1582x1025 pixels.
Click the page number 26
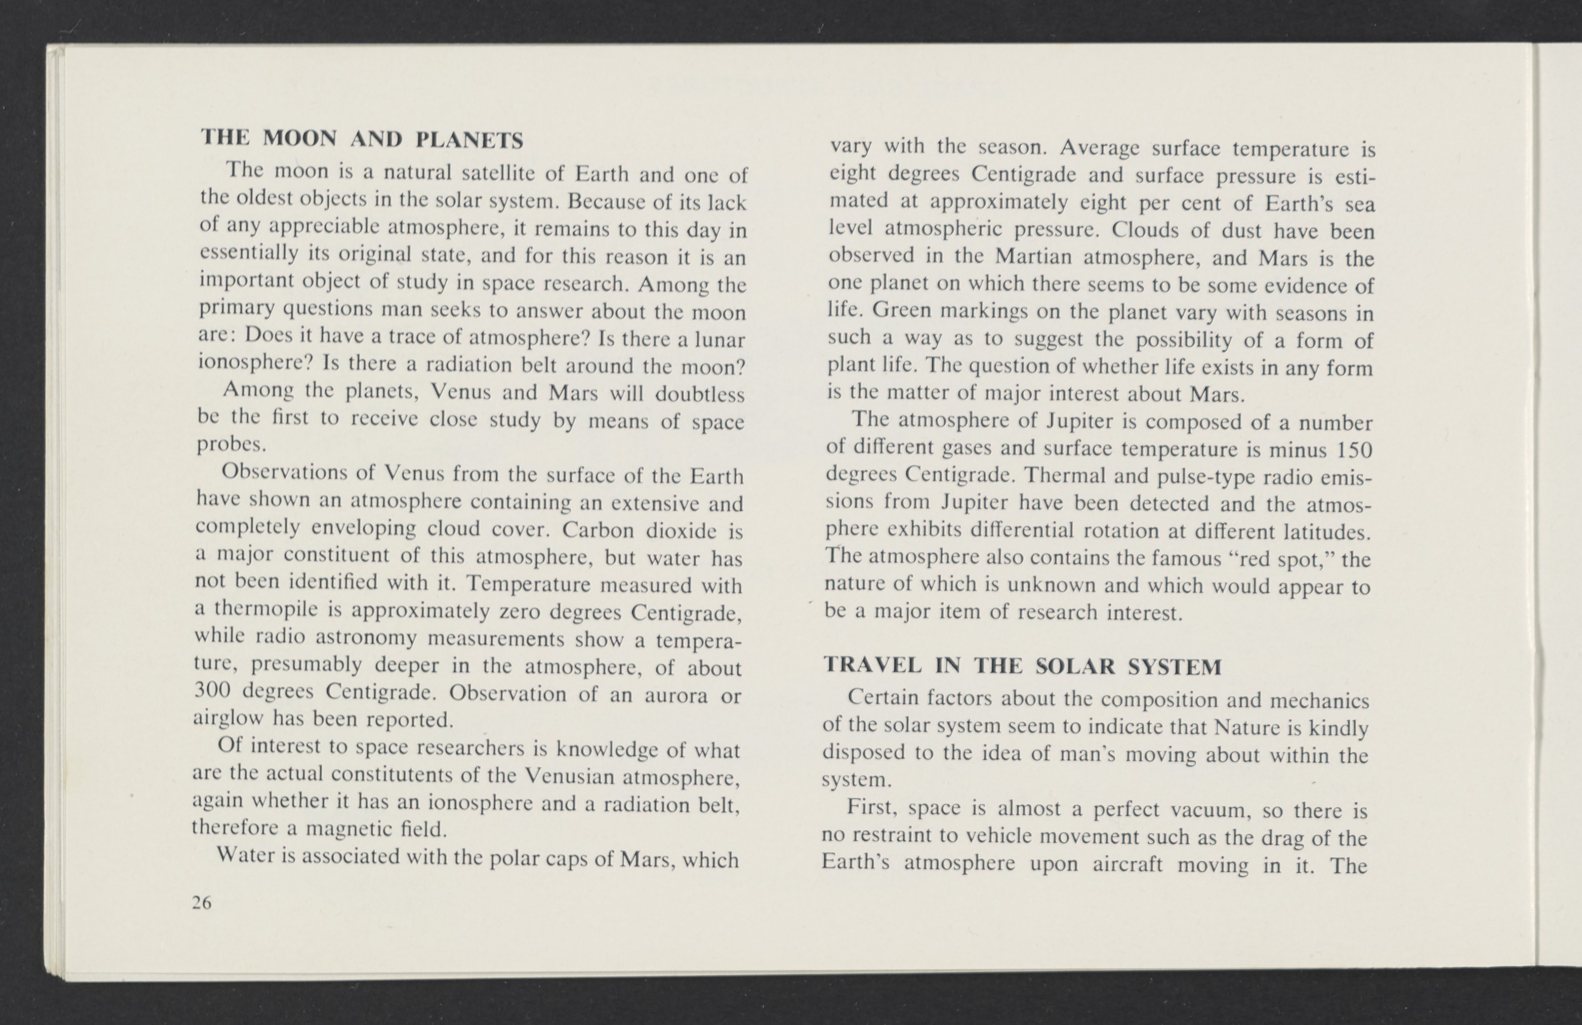point(201,902)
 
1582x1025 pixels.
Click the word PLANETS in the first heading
point(469,140)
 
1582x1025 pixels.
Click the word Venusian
point(569,776)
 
